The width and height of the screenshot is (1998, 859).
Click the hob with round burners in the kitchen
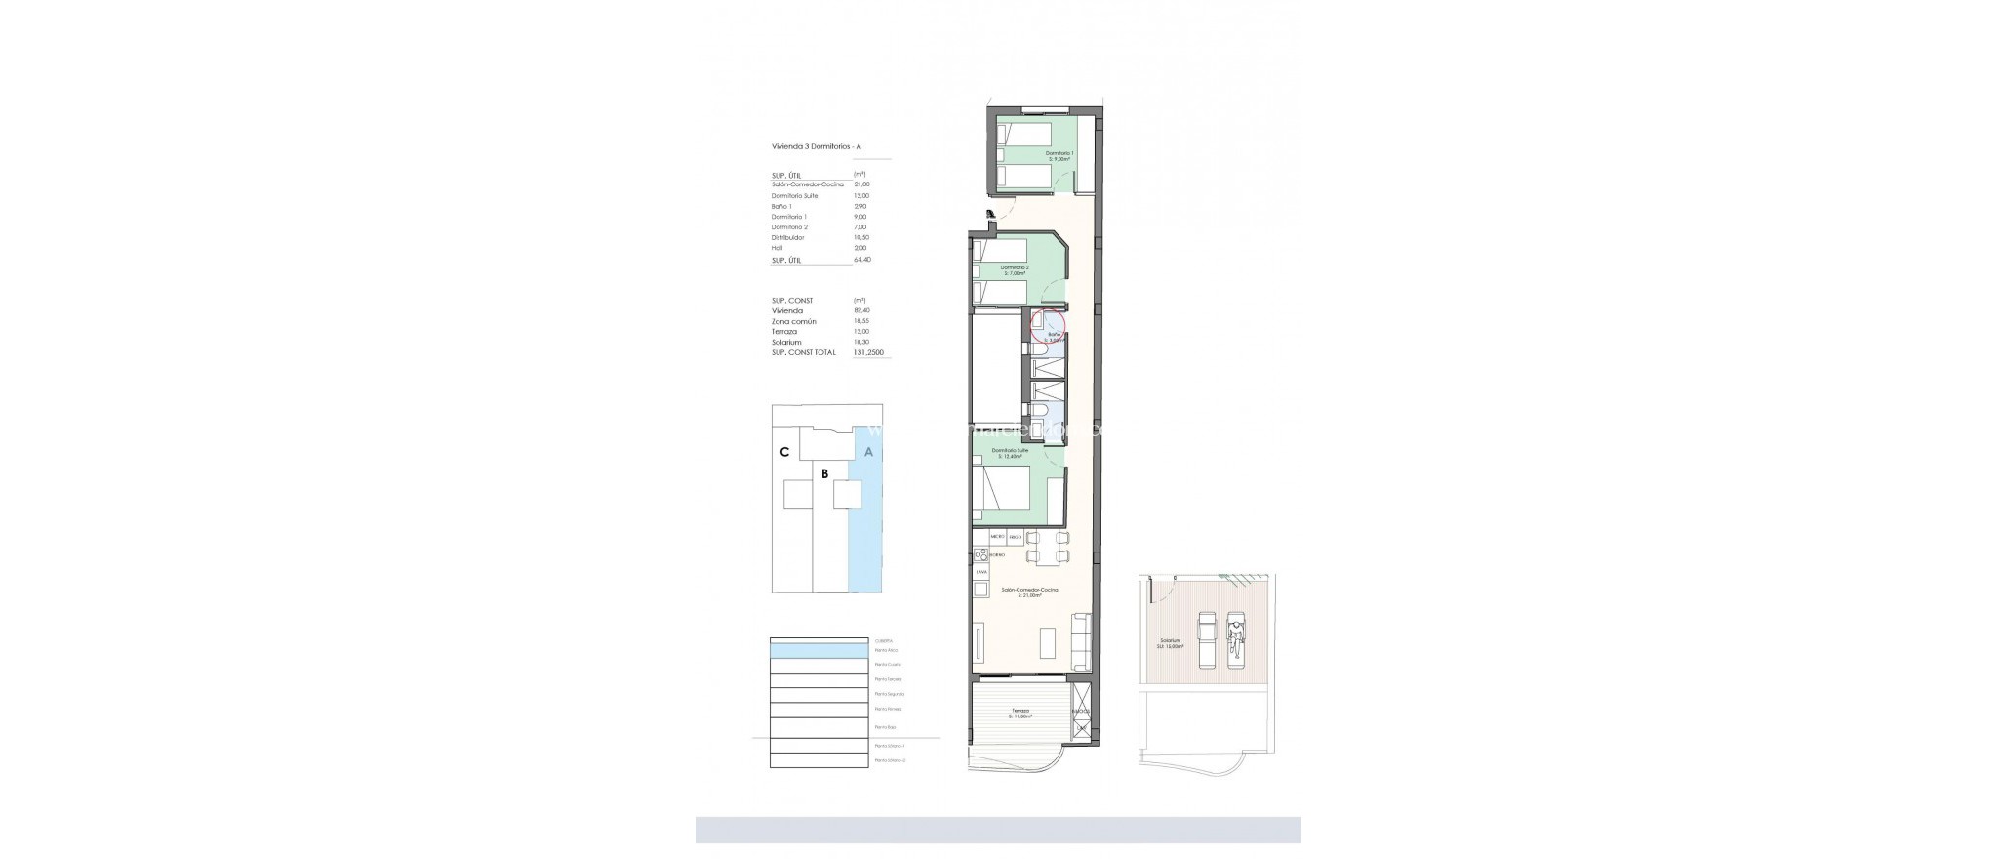(980, 554)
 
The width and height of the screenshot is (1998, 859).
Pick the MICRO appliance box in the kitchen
(997, 537)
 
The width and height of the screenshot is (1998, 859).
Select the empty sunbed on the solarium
(1207, 638)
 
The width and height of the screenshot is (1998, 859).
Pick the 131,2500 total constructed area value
(870, 352)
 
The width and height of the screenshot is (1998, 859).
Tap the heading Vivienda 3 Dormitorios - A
(816, 147)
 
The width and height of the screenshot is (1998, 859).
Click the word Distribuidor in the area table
(789, 237)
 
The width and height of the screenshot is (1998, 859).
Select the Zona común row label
(793, 321)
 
